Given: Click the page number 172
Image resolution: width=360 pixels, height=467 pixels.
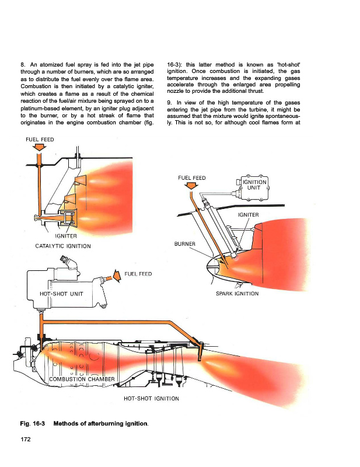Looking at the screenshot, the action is point(26,440).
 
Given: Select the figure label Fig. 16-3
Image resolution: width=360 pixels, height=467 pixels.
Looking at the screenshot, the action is point(33,424).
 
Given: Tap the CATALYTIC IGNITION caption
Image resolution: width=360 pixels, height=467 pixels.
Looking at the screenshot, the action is point(63,246).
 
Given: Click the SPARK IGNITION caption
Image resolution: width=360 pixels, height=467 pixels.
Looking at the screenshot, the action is point(237,294).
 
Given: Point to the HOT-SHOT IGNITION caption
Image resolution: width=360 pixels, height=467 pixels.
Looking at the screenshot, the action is point(151,399).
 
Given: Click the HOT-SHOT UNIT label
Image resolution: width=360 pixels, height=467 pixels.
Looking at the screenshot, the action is point(61,294).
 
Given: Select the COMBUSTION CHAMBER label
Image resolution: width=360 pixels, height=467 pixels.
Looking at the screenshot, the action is point(82,379).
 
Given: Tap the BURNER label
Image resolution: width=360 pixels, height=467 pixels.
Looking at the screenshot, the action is point(184,243).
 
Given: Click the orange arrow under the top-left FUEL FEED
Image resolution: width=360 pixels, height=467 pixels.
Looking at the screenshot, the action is point(39,147).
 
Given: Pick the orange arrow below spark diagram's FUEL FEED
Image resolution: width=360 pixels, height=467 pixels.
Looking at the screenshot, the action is point(191,186).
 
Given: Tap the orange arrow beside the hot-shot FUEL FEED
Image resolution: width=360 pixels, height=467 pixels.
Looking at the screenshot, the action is point(116,276).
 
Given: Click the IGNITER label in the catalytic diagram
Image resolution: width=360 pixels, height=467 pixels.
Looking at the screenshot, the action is point(66,236).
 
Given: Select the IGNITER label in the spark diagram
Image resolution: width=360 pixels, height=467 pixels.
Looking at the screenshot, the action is point(249,215).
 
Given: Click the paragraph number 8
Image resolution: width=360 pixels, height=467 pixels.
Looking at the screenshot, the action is point(23,65).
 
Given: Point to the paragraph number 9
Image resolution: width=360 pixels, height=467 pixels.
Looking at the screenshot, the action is point(169,103).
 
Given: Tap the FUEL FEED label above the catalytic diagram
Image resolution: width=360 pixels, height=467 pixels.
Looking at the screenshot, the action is point(40,140).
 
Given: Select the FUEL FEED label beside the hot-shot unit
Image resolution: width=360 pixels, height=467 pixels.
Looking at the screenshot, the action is point(138,274).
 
